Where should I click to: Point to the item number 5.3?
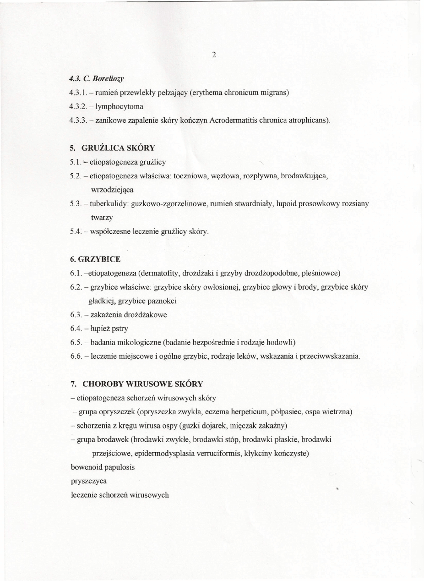[75, 203]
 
